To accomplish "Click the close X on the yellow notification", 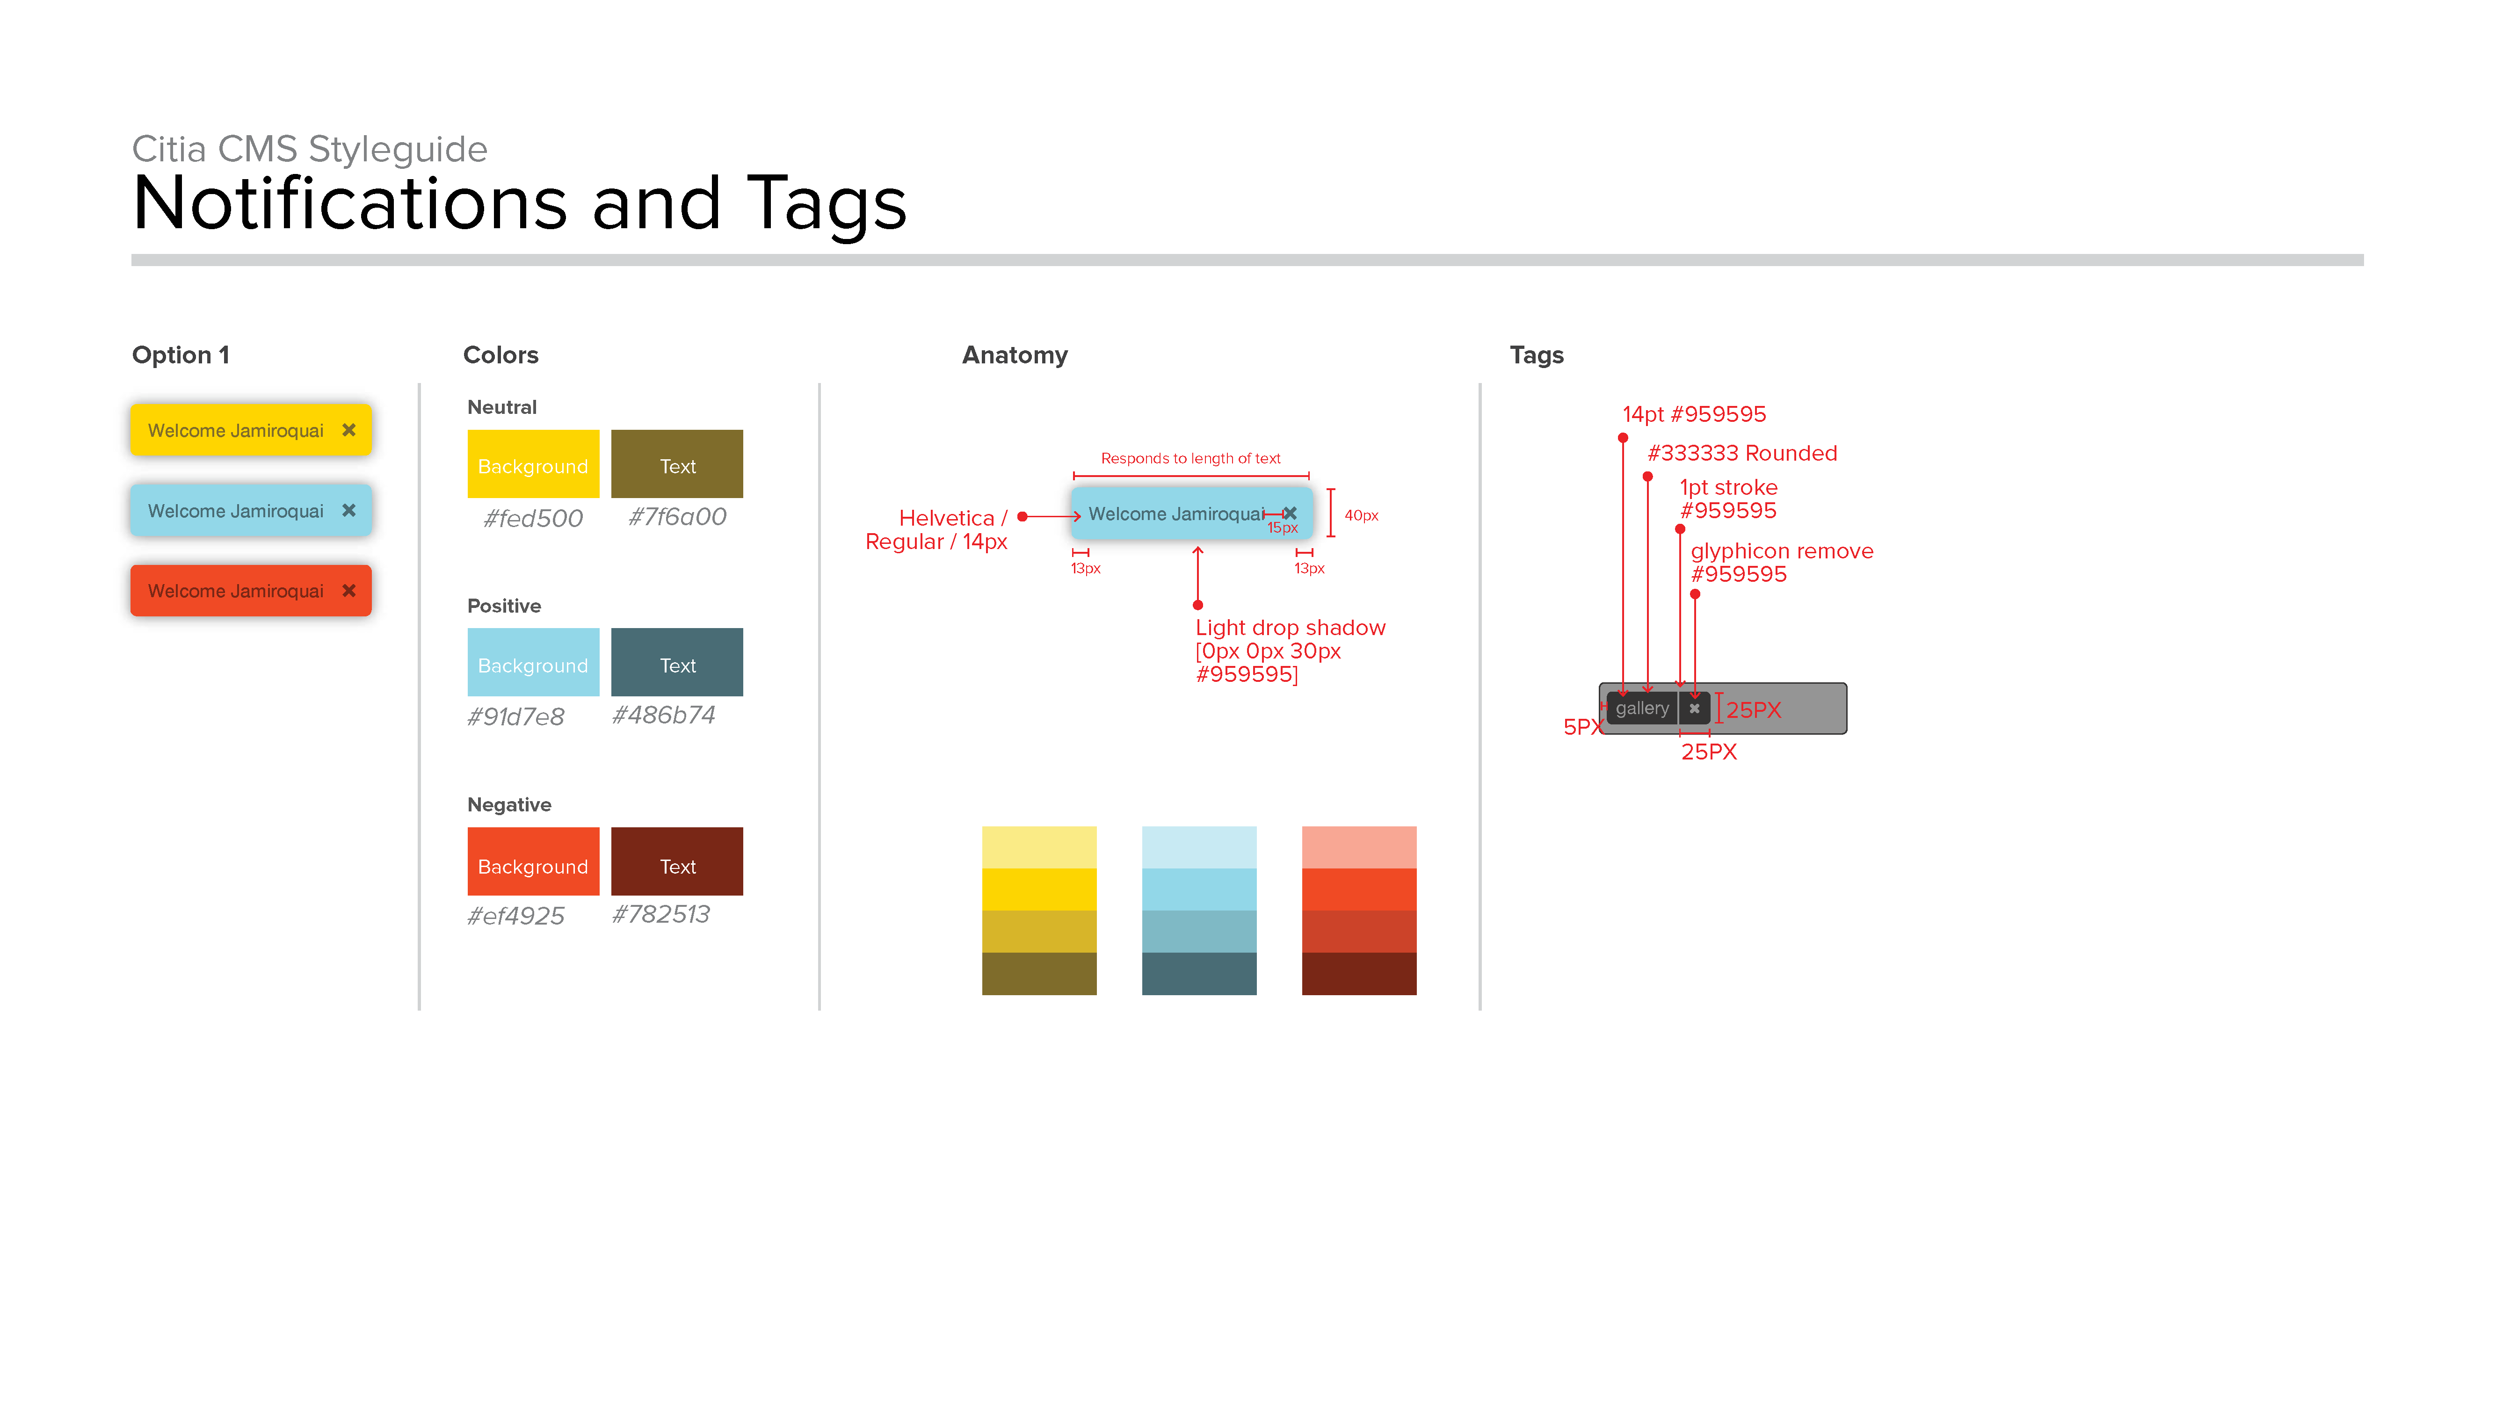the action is tap(348, 430).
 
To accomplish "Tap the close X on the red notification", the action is tap(348, 591).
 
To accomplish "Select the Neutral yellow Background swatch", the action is tap(533, 464).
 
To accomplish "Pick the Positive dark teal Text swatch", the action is tap(677, 662).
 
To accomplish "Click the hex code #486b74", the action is tap(663, 716).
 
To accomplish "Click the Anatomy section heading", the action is tap(1014, 355).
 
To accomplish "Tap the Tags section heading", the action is tap(1536, 355).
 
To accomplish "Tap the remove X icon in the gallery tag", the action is tap(1694, 709).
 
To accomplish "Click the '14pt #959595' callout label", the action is tap(1694, 414).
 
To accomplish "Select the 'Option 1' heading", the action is tap(180, 355).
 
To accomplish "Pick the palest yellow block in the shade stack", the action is tap(1039, 847).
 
